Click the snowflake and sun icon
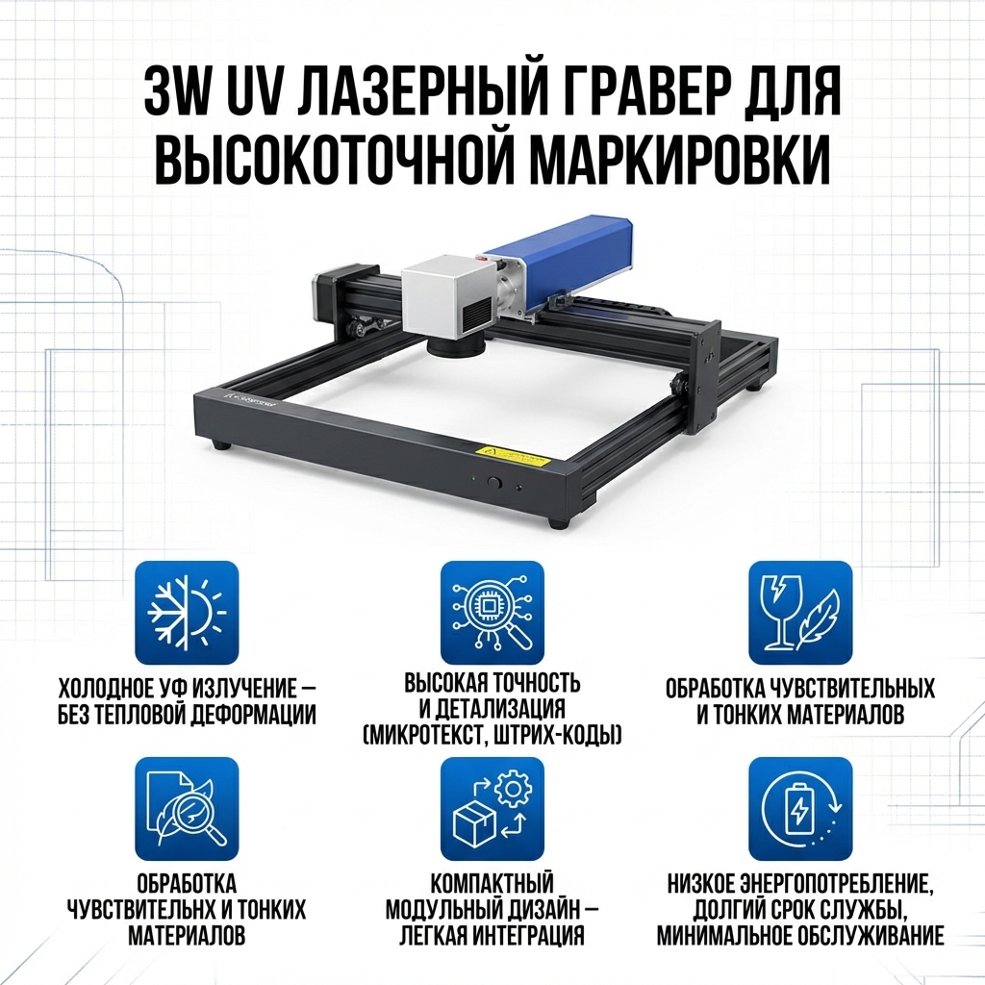pos(187,613)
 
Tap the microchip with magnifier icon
pos(492,613)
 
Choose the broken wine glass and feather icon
pos(800,613)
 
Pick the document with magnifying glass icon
pos(187,808)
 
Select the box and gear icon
pos(492,808)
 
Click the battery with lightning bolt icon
pos(800,808)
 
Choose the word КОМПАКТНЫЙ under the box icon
pos(492,883)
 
